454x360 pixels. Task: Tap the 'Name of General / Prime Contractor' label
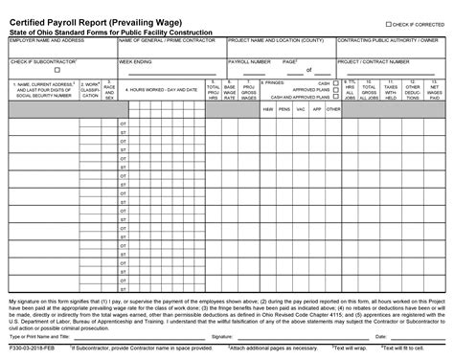click(167, 41)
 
